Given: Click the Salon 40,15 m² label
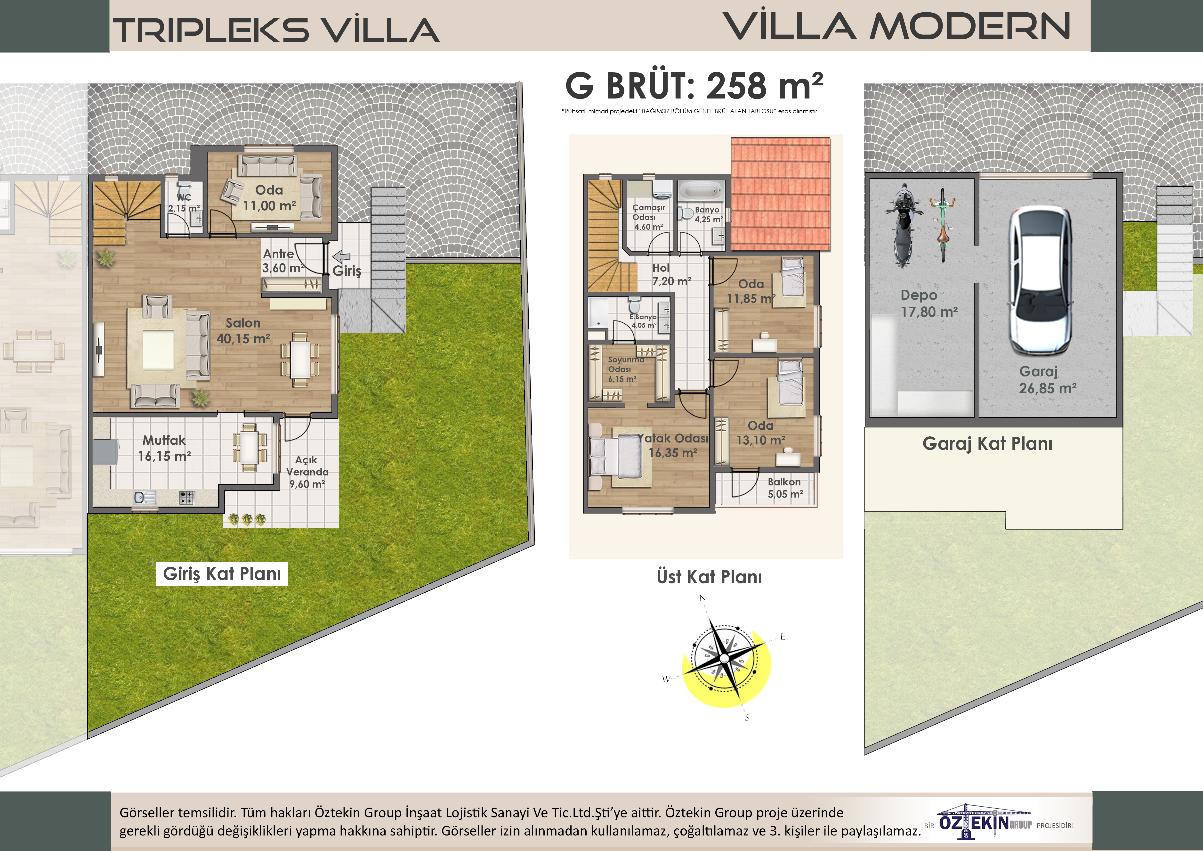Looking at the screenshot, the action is coord(243,331).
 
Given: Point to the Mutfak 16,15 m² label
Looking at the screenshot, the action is coord(164,448).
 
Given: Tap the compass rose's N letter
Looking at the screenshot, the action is coord(703,598).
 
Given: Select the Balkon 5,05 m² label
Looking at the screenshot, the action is coord(785,488).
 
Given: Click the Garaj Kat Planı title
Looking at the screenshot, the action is coord(987,444).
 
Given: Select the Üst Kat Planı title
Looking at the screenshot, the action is coord(710,577).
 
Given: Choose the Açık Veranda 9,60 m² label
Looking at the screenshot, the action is coord(307,472).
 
